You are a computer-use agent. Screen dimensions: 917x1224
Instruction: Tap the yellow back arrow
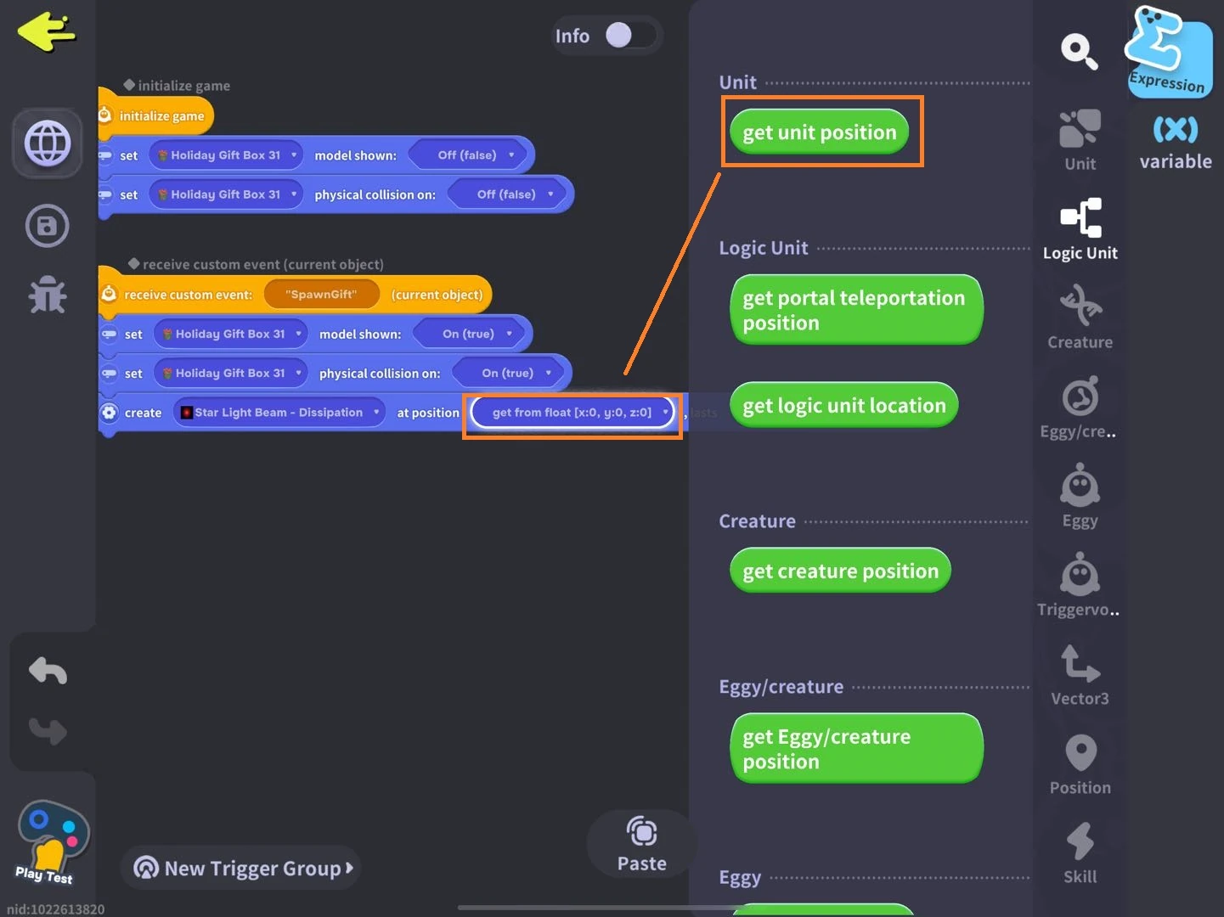46,32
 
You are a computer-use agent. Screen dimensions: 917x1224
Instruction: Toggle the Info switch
629,36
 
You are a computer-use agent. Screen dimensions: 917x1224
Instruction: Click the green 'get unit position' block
819,132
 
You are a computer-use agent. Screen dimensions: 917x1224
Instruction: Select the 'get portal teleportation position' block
855,310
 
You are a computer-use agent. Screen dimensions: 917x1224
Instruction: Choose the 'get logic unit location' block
843,406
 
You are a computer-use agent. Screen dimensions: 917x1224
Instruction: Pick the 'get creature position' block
840,571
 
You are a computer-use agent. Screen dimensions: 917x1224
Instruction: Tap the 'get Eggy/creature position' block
855,749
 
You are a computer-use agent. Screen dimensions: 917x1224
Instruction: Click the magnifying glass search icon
1079,51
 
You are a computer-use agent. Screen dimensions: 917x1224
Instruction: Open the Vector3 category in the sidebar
1080,676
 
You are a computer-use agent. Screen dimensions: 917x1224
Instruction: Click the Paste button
641,844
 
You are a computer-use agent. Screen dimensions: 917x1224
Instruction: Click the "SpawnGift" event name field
321,295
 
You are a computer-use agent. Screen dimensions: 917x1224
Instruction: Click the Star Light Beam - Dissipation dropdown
279,413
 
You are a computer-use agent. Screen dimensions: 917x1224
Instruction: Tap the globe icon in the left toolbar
48,143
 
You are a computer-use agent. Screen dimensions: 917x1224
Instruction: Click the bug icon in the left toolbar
48,295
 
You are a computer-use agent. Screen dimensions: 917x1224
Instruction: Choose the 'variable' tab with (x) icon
1176,143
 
